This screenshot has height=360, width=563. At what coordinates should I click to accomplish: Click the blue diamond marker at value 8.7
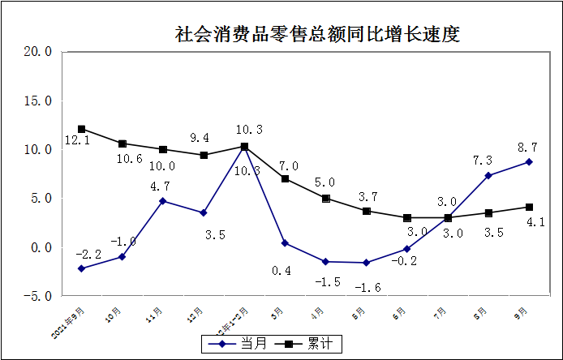[x=529, y=162]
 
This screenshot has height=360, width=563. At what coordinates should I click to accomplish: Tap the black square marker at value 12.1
[x=81, y=129]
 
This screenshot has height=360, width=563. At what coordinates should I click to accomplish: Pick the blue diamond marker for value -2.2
[x=81, y=268]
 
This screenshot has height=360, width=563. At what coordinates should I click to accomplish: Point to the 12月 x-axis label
[x=196, y=313]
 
